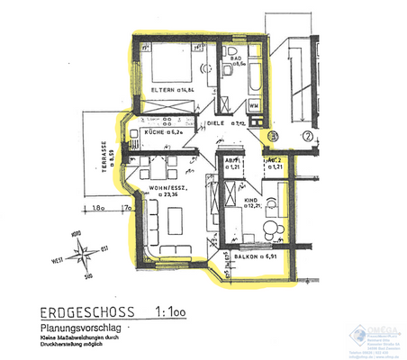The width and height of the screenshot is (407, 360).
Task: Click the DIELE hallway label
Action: coord(214,122)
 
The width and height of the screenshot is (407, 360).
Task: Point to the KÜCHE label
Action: coord(156,132)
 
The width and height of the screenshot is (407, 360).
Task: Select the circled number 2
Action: coord(307,137)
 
